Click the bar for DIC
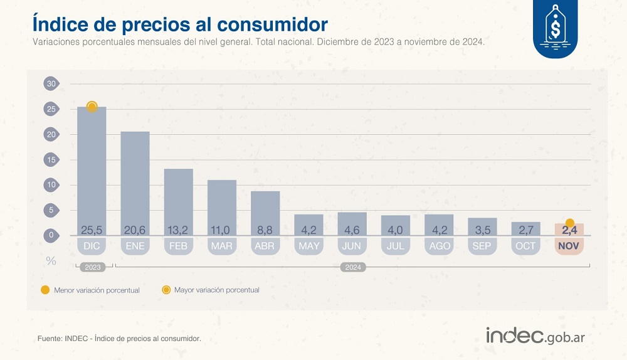click(92, 169)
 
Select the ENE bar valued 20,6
click(135, 182)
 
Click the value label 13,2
click(178, 229)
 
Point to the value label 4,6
click(352, 229)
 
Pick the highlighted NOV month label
click(569, 246)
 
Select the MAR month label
click(222, 246)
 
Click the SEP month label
click(482, 246)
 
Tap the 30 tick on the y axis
click(51, 84)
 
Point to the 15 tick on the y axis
click(51, 159)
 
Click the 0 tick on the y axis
click(51, 235)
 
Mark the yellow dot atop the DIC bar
click(92, 107)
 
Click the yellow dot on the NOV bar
click(569, 223)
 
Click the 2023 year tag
click(92, 267)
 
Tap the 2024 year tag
click(352, 267)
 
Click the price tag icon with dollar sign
click(555, 28)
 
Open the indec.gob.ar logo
click(535, 336)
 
